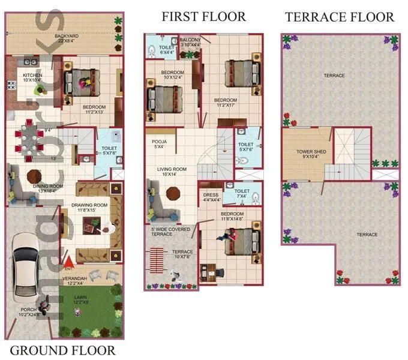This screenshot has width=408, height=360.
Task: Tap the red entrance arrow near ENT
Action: click(68, 262)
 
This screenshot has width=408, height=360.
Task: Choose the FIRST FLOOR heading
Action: click(203, 16)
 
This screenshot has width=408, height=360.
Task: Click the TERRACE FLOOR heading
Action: click(340, 16)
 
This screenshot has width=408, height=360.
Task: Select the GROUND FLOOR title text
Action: click(63, 350)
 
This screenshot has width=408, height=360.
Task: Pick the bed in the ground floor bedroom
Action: click(81, 81)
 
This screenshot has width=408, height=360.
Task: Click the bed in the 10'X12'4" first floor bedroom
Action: click(159, 95)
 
